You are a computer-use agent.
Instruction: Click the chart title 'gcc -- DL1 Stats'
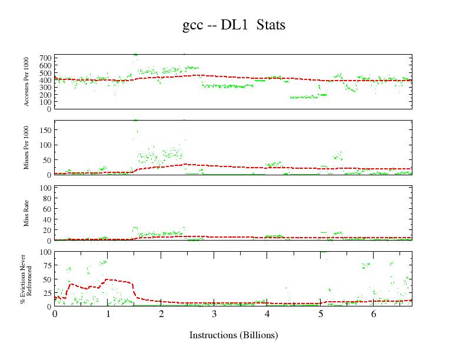(234, 25)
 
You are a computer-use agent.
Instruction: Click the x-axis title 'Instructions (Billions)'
(234, 335)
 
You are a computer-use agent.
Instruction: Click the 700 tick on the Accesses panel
(45, 58)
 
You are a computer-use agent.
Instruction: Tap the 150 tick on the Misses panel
(45, 129)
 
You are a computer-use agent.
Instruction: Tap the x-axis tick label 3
(215, 315)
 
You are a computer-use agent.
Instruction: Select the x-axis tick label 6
(374, 315)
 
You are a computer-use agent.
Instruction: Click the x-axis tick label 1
(108, 315)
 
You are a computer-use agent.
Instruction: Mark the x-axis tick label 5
(321, 315)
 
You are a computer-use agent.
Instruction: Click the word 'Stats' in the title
(271, 25)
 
